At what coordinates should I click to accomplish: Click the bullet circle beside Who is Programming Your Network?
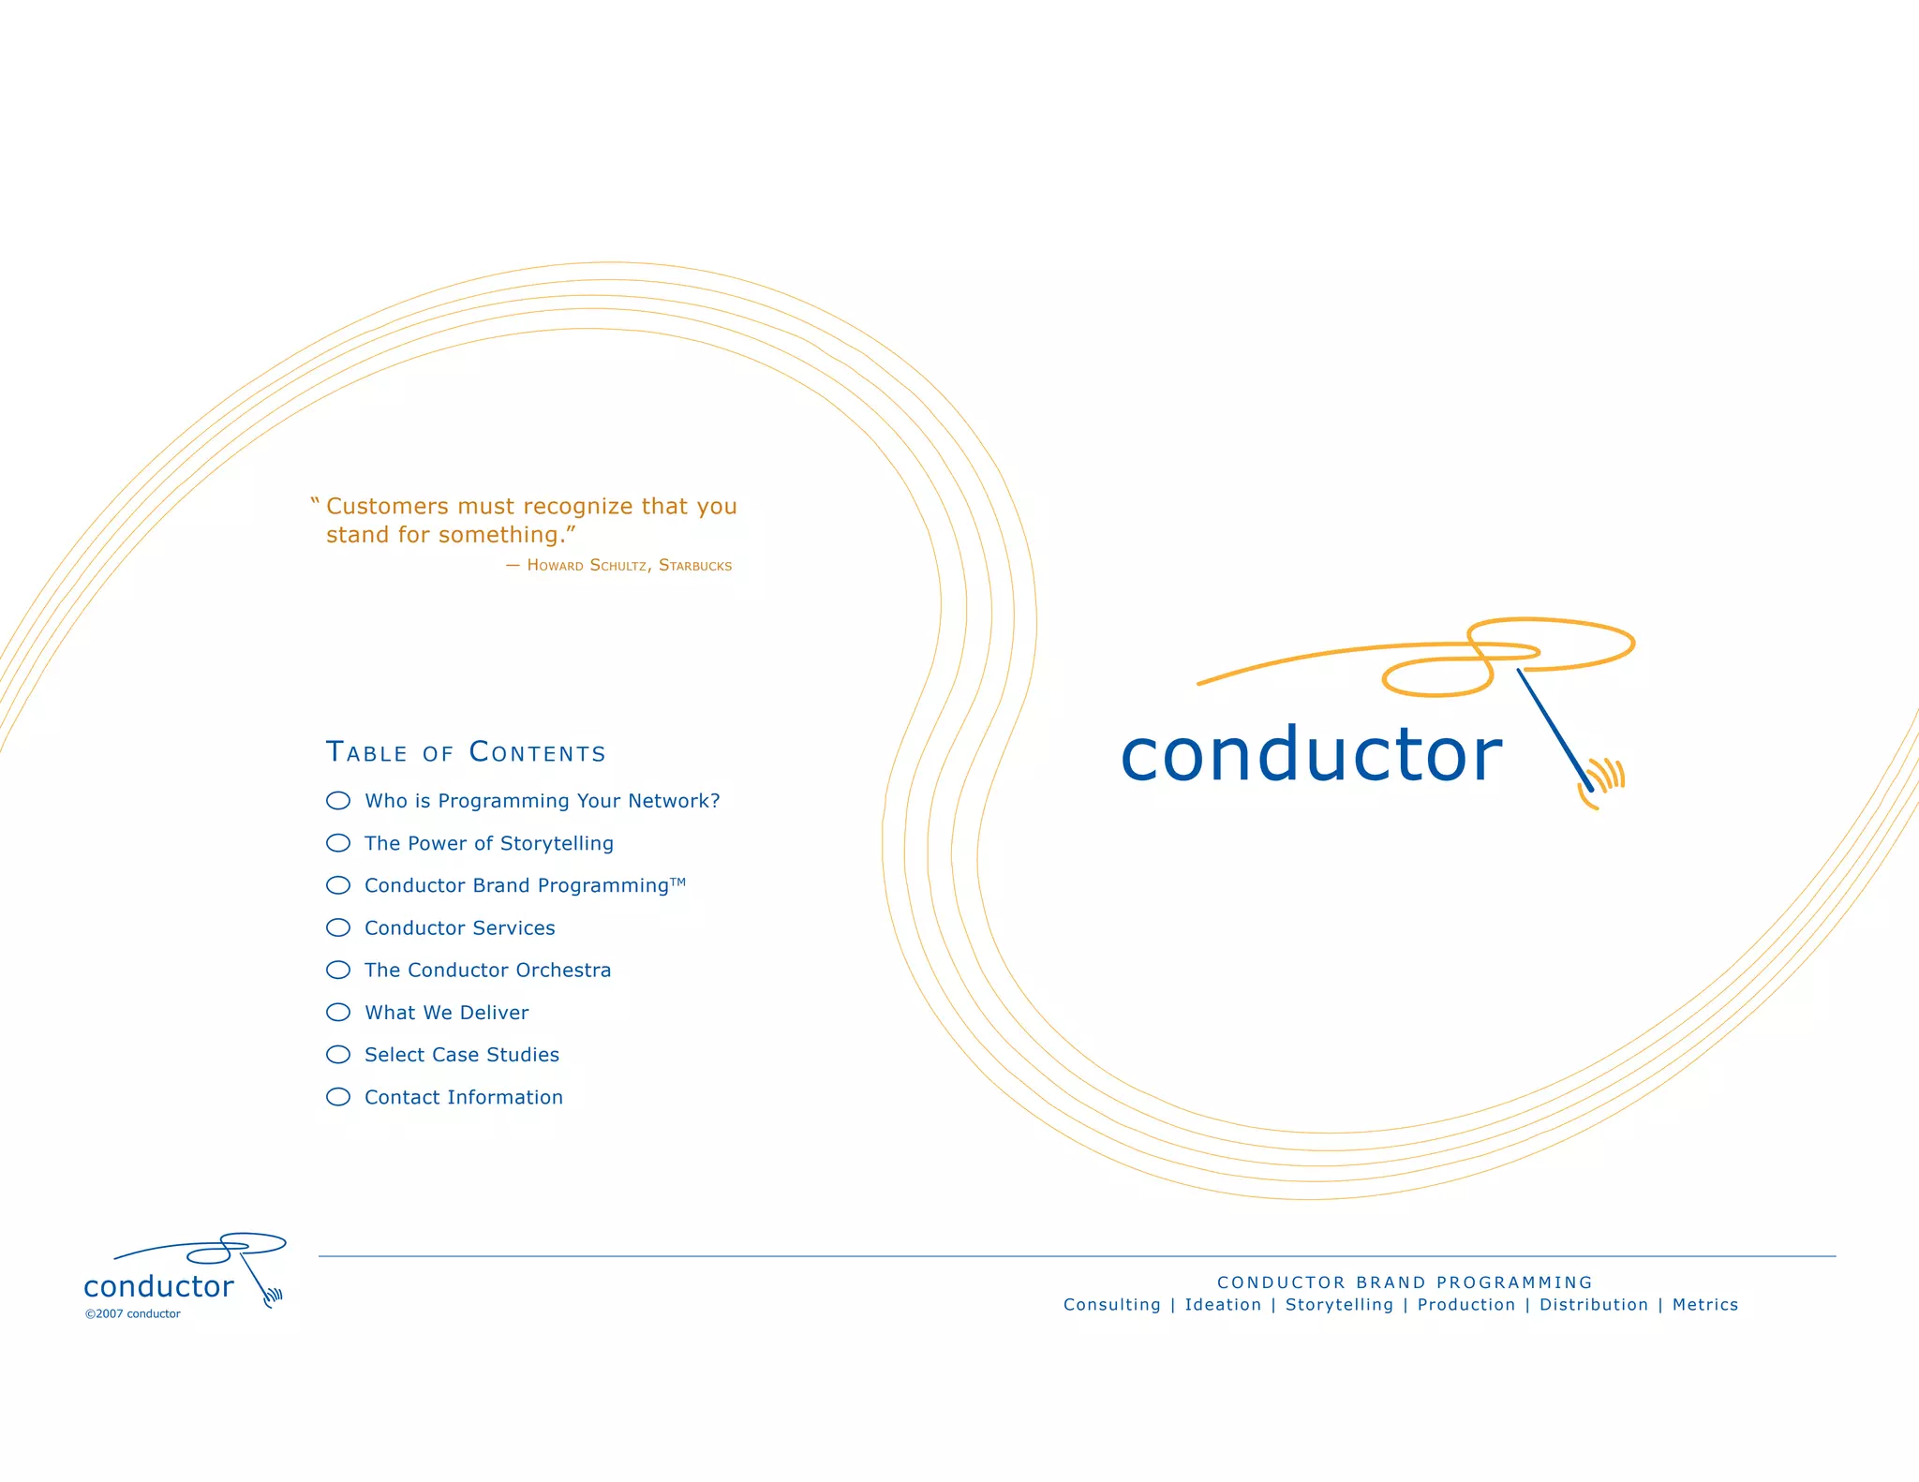click(338, 800)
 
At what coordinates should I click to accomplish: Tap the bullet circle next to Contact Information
click(338, 1097)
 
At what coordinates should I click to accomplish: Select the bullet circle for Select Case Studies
click(338, 1055)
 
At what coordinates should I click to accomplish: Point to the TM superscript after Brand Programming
click(678, 882)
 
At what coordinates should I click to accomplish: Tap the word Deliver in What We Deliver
click(494, 1013)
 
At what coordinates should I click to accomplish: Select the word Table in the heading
click(366, 752)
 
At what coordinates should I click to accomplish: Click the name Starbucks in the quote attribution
click(695, 566)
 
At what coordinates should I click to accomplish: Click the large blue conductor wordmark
click(1311, 755)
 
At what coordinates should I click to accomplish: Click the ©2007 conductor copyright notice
click(133, 1313)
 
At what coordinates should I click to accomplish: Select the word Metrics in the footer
click(1705, 1305)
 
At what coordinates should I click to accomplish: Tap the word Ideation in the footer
click(1223, 1305)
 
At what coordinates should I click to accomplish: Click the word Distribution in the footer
click(1594, 1305)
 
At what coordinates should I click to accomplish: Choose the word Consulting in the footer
click(1112, 1305)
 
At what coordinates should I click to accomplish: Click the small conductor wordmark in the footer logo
click(158, 1287)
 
